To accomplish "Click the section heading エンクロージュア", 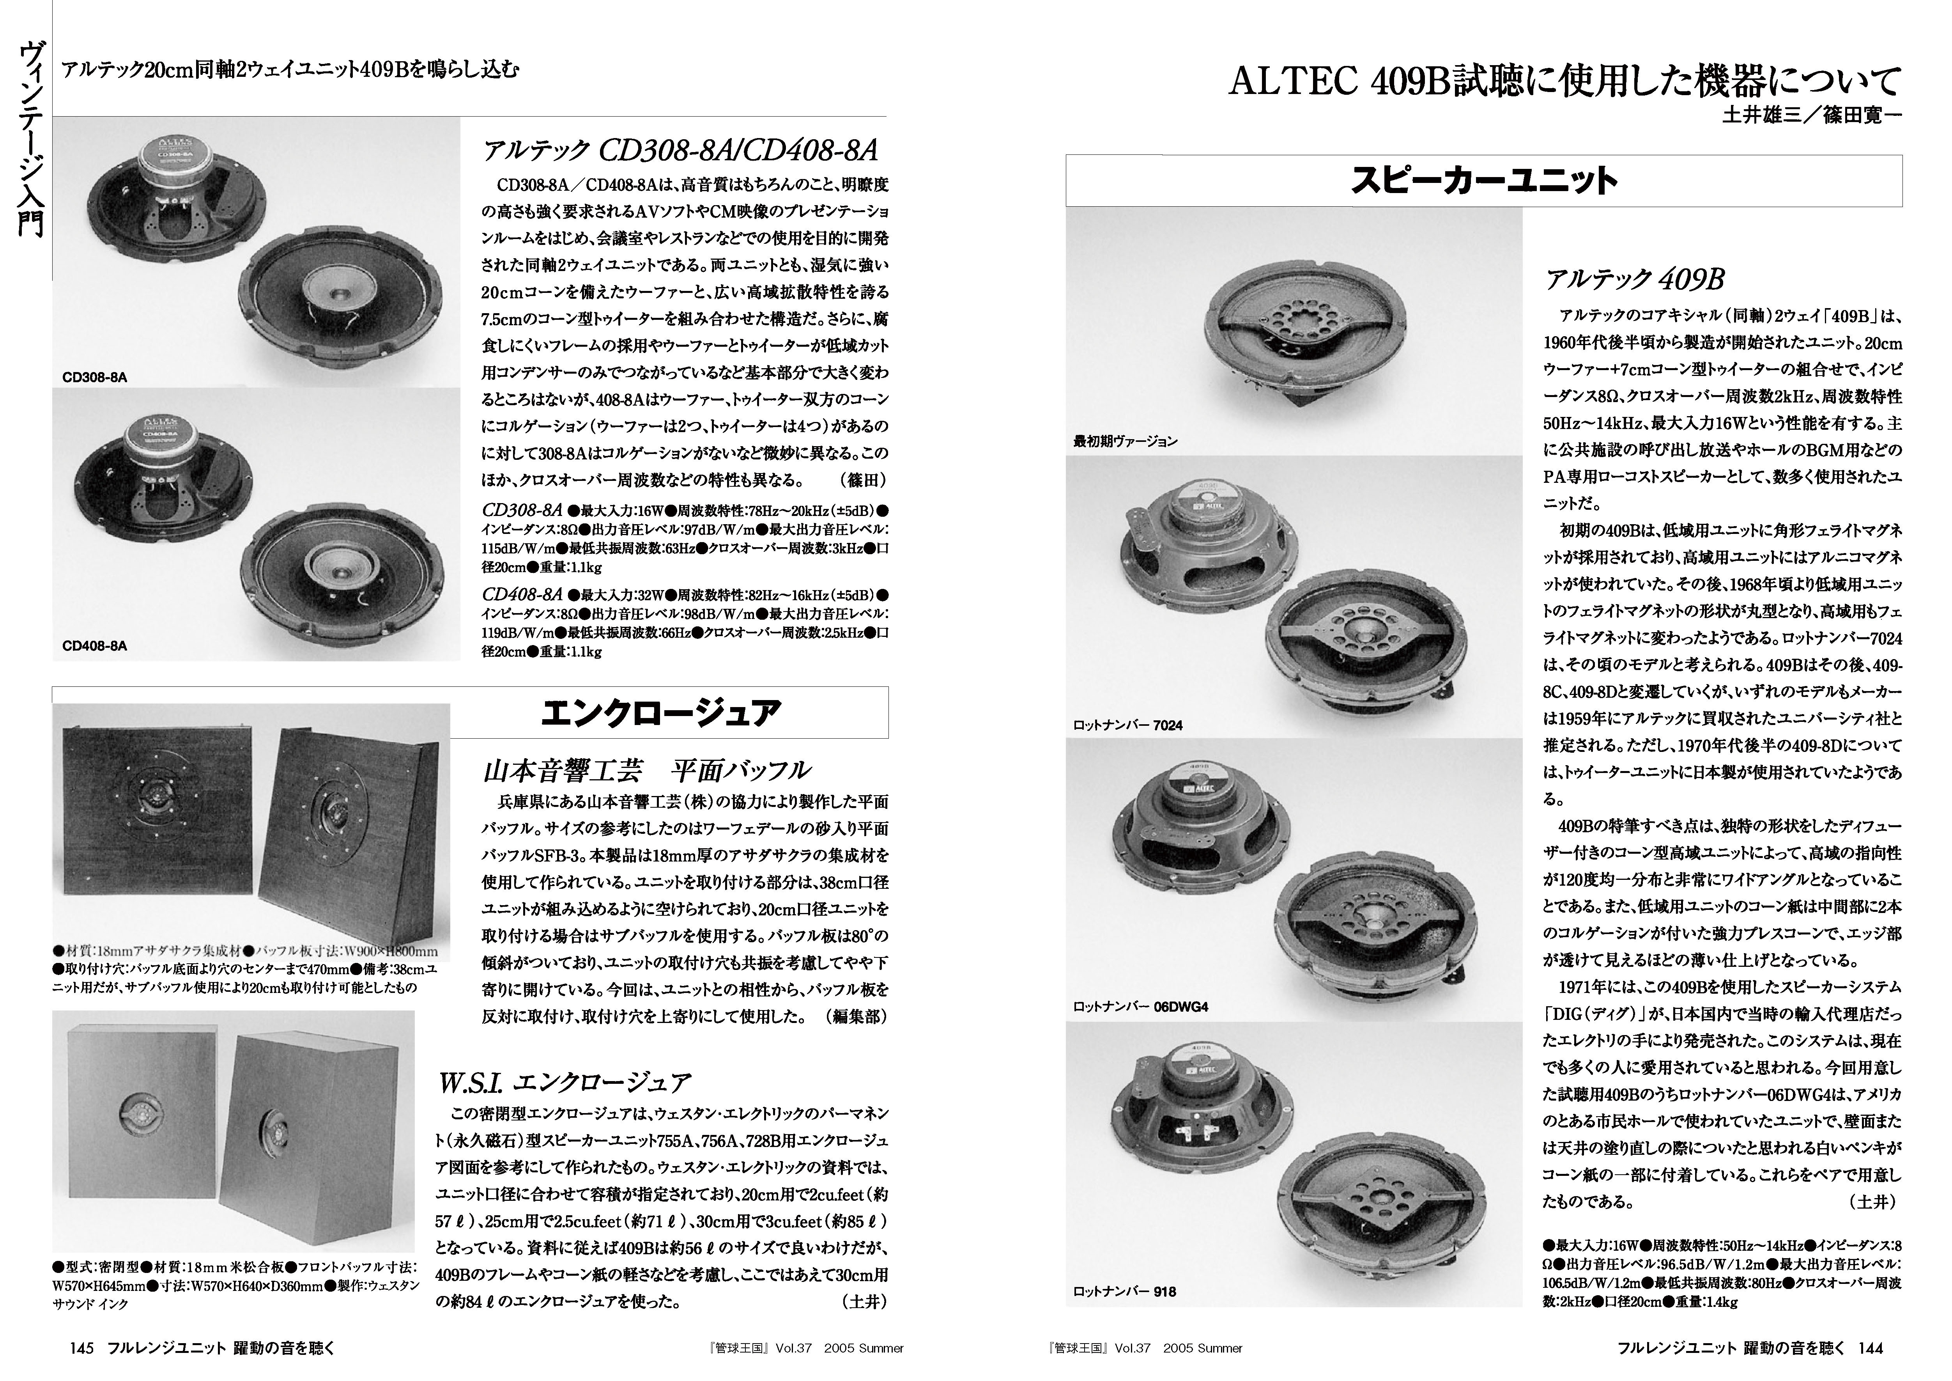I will tap(660, 713).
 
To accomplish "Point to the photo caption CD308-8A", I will tap(94, 377).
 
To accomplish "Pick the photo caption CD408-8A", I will tap(94, 645).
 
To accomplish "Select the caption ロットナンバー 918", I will tap(1124, 1291).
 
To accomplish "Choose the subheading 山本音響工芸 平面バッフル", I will tap(646, 770).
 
